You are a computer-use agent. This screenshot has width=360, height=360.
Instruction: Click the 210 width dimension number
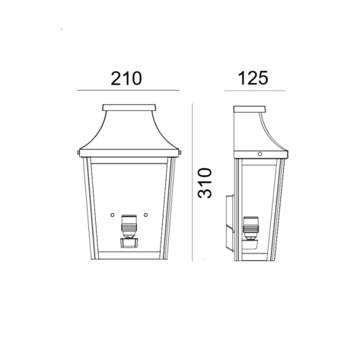pos(126,78)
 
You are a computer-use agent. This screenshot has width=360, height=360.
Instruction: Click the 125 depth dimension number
pos(253,78)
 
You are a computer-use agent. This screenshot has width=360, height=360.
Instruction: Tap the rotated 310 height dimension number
pos(205,183)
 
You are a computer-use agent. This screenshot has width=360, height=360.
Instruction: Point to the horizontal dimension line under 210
pos(129,90)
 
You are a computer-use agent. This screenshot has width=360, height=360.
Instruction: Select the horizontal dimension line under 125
pos(255,91)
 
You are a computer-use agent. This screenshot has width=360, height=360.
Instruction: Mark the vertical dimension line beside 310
pos(193,183)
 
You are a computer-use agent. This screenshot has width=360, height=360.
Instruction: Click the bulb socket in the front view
pos(129,227)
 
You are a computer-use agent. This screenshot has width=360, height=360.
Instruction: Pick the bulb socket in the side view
pos(250,228)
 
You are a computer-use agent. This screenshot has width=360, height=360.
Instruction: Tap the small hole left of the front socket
pos(113,215)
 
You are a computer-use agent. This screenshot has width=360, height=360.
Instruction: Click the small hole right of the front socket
pos(145,215)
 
